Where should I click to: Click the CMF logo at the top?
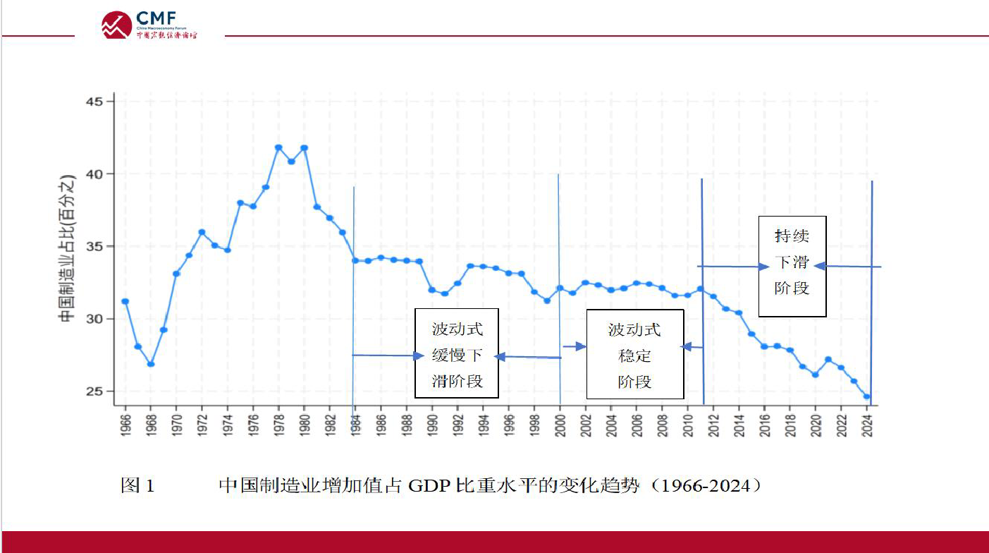(x=149, y=25)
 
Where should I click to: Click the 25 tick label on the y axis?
(x=94, y=391)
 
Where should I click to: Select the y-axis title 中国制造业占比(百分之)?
(x=66, y=247)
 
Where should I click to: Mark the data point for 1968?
(x=151, y=364)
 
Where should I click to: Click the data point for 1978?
(x=278, y=147)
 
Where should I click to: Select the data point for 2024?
(x=867, y=396)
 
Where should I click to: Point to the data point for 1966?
(x=125, y=301)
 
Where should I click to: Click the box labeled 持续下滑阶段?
(x=792, y=266)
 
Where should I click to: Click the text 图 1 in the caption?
(x=137, y=485)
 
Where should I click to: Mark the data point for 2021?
(x=828, y=360)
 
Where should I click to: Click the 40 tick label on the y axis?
(x=94, y=174)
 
